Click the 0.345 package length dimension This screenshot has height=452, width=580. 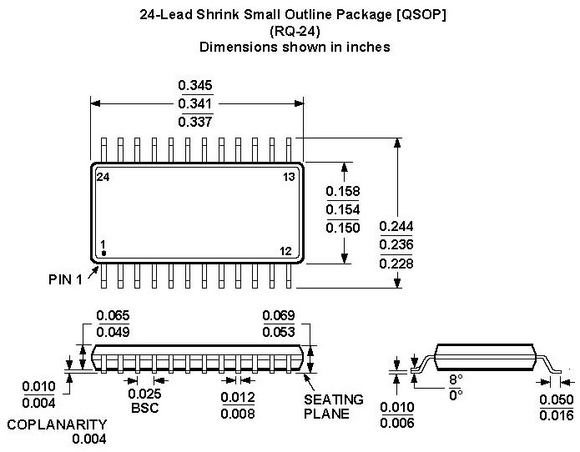[195, 85]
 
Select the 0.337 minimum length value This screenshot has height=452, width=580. [195, 122]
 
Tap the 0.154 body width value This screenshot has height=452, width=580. [343, 209]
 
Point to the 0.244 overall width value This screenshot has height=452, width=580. [396, 226]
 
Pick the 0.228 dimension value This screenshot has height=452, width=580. [396, 264]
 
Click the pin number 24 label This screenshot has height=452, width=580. [103, 177]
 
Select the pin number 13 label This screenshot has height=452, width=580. [289, 177]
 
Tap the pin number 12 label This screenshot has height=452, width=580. [285, 251]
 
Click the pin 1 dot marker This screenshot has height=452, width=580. [104, 254]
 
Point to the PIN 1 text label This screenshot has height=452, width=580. [65, 279]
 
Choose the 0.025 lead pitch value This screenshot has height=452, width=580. [144, 394]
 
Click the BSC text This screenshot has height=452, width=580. [144, 408]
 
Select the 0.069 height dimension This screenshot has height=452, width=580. [279, 315]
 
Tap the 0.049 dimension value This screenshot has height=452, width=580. [113, 332]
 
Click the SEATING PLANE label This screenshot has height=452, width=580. [334, 406]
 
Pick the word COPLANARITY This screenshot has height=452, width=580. [57, 424]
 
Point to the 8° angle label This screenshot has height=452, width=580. [456, 379]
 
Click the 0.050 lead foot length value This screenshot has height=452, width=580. [557, 399]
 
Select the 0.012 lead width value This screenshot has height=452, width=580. [238, 397]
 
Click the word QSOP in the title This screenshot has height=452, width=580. [421, 15]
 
